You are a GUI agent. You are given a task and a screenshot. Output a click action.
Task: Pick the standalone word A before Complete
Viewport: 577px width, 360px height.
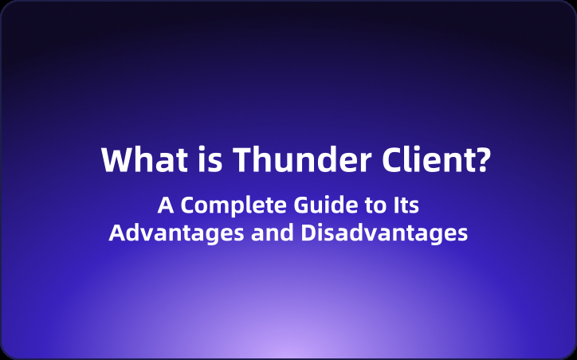165,205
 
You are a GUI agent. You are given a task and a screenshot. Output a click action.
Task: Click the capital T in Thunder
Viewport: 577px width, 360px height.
241,161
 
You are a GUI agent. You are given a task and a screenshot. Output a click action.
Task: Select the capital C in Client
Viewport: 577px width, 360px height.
381,161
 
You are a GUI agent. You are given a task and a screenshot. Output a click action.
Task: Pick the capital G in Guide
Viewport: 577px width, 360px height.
300,205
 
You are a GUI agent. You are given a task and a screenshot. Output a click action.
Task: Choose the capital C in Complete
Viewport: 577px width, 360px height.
188,205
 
